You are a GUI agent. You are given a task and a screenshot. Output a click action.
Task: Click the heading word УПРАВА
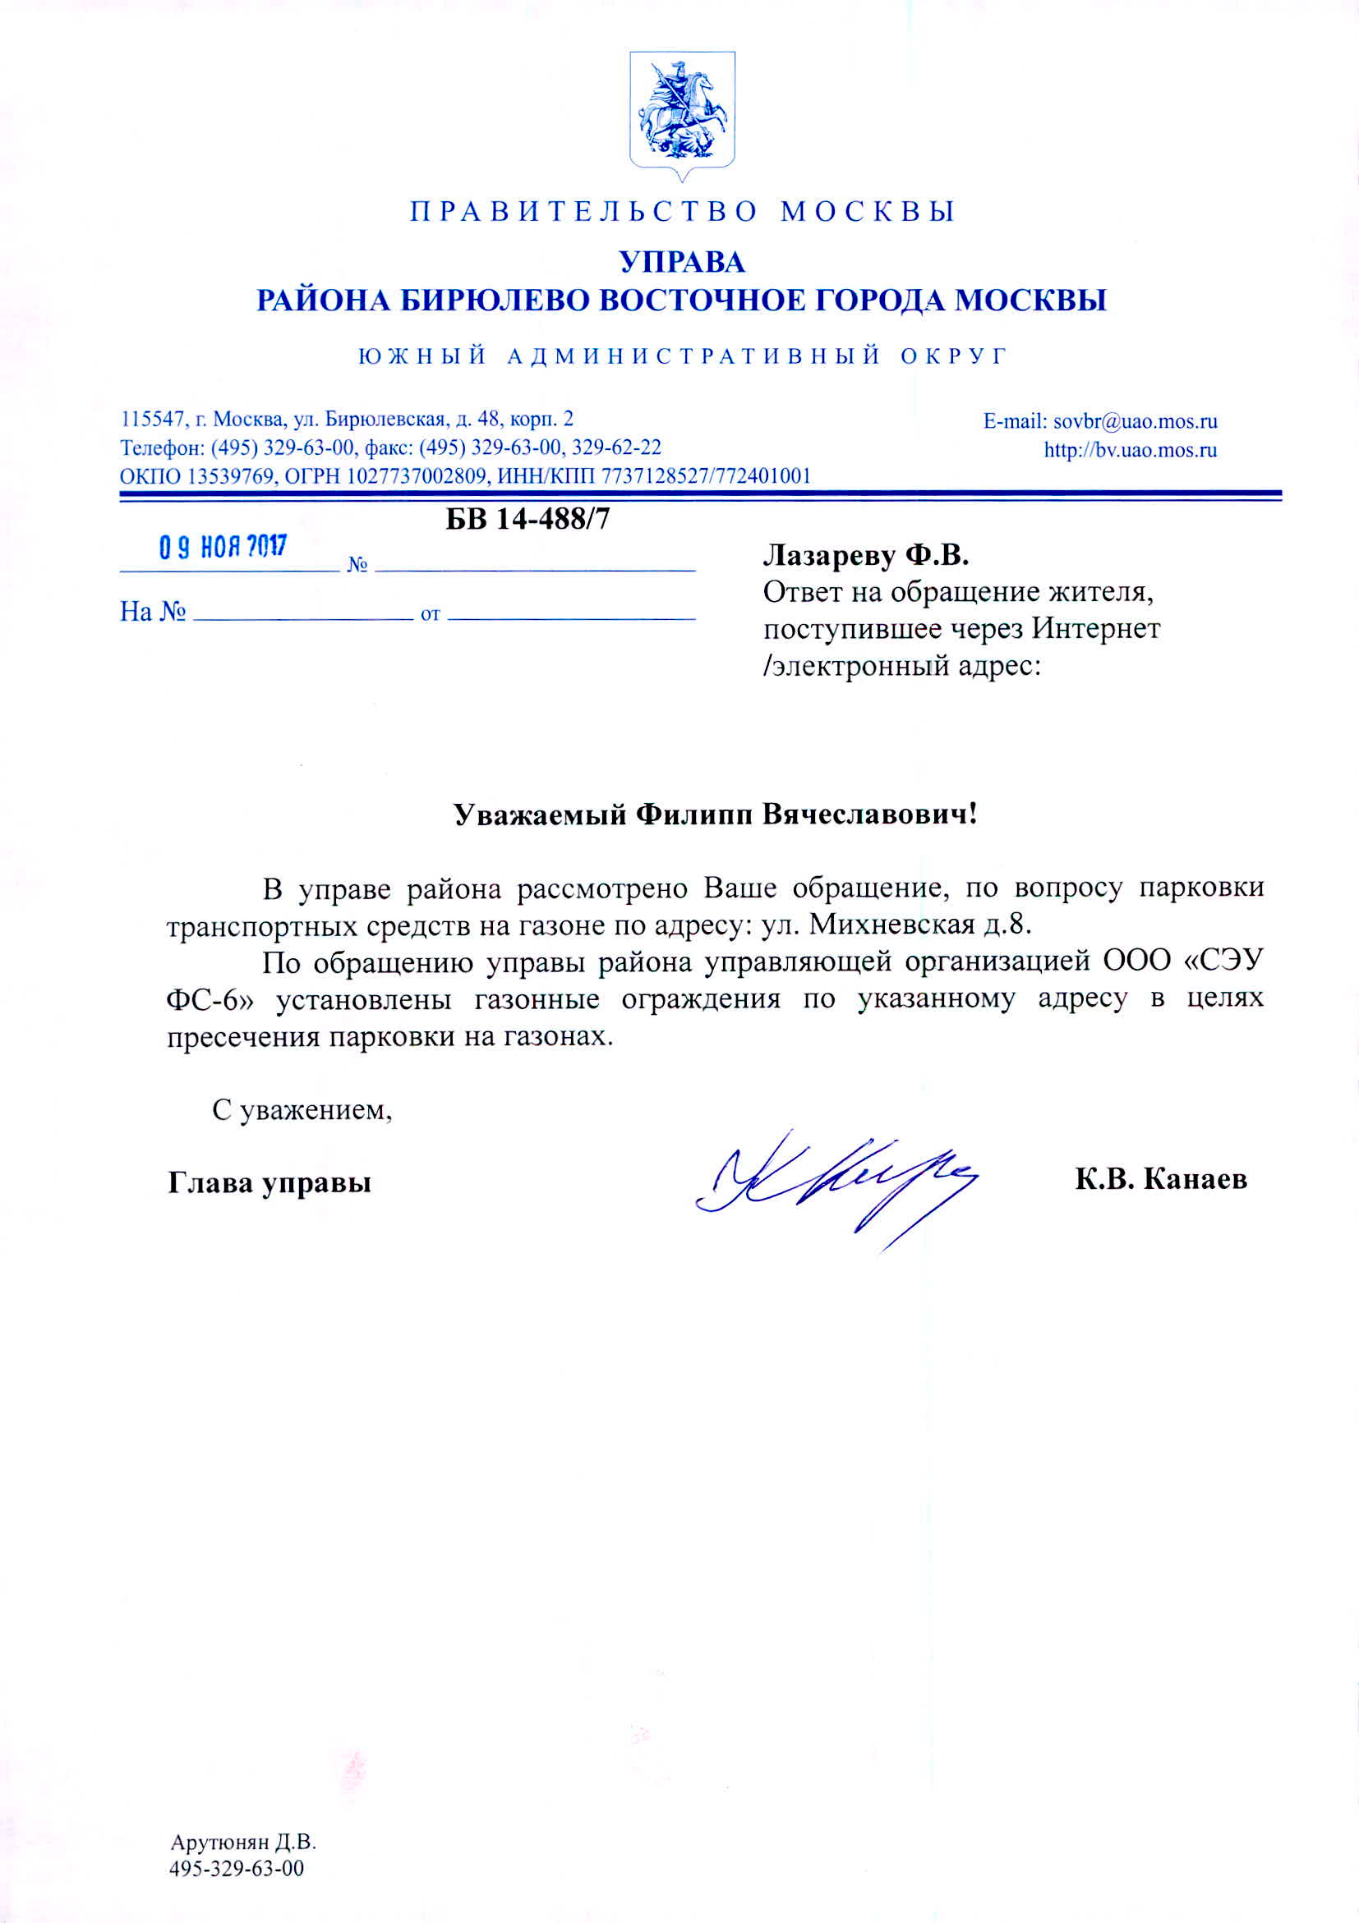[682, 262]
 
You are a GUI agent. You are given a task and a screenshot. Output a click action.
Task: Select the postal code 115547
[153, 419]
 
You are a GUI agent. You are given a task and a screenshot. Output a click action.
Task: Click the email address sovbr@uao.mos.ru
[1135, 421]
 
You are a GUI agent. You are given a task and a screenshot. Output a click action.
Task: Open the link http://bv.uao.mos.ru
[1130, 450]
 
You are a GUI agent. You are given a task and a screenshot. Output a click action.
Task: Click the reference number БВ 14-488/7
[527, 519]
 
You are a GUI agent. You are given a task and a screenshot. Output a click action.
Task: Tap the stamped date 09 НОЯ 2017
[223, 547]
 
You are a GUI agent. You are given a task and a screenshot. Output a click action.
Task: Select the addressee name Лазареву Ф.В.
[865, 554]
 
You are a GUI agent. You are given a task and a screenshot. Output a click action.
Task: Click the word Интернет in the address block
[1095, 628]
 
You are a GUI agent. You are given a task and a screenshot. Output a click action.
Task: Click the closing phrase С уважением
[302, 1111]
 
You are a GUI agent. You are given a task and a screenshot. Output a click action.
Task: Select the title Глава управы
[269, 1182]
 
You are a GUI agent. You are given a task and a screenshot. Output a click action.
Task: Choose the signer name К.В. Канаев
[1161, 1179]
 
